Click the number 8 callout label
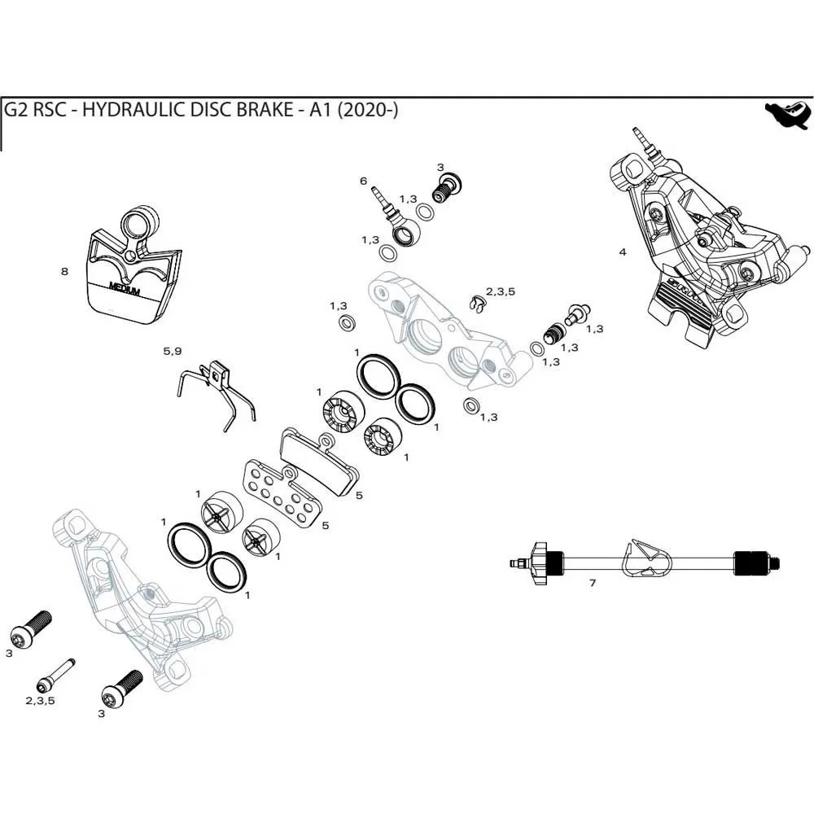pyautogui.click(x=65, y=272)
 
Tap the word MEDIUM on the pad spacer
pyautogui.click(x=124, y=288)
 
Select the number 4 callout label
pyautogui.click(x=623, y=252)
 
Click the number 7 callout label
pyautogui.click(x=593, y=584)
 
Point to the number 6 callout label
pyautogui.click(x=364, y=182)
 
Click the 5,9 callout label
pyautogui.click(x=172, y=352)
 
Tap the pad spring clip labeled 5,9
pyautogui.click(x=216, y=390)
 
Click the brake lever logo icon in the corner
pyautogui.click(x=786, y=116)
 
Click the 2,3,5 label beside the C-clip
pyautogui.click(x=501, y=291)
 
